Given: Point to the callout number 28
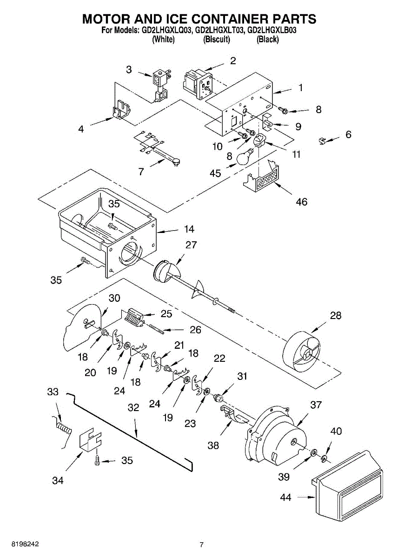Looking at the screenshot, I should (335, 315).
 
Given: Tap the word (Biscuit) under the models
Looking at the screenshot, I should (217, 40).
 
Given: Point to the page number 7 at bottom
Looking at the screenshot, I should (201, 545).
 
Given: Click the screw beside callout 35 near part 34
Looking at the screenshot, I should (97, 460).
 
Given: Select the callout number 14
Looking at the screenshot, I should (189, 229).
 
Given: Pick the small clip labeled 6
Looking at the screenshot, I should (322, 140).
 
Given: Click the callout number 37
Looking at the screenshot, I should (316, 405).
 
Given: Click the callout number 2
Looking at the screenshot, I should (233, 60).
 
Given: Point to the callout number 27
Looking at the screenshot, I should (191, 245).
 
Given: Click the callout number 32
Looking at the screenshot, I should (133, 407).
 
